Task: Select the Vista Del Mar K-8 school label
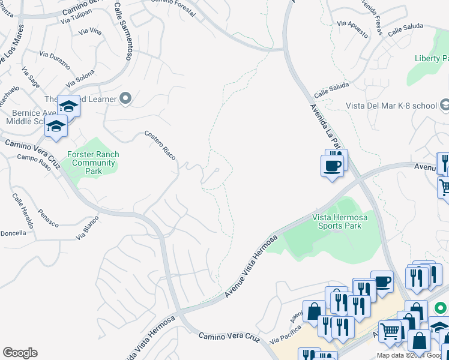coord(391,106)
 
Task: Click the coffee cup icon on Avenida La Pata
coord(332,165)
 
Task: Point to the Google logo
coord(20,353)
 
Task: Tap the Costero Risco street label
coord(160,145)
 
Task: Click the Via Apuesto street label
coord(352,28)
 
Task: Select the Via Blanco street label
coord(87,229)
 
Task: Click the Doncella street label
coord(13,233)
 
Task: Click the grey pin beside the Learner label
coord(125,98)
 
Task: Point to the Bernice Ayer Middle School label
coord(27,117)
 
